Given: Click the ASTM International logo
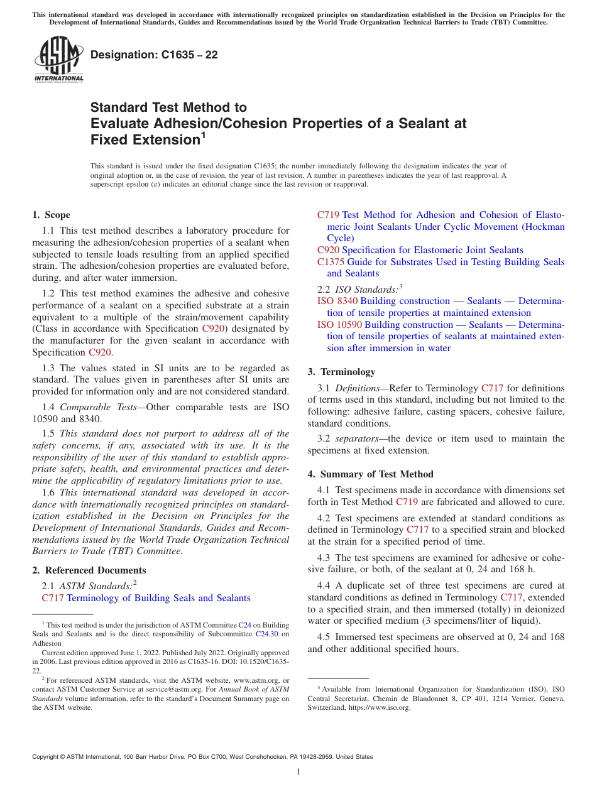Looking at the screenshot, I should click(58, 60).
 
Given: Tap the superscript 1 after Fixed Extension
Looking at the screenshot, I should click(202, 135).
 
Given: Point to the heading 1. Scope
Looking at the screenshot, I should click(51, 215).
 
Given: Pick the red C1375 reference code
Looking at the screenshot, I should click(331, 262).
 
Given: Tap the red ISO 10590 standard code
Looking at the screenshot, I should click(339, 325).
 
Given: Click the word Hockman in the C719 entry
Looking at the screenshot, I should click(544, 227).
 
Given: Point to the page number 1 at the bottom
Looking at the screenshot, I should click(298, 772).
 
